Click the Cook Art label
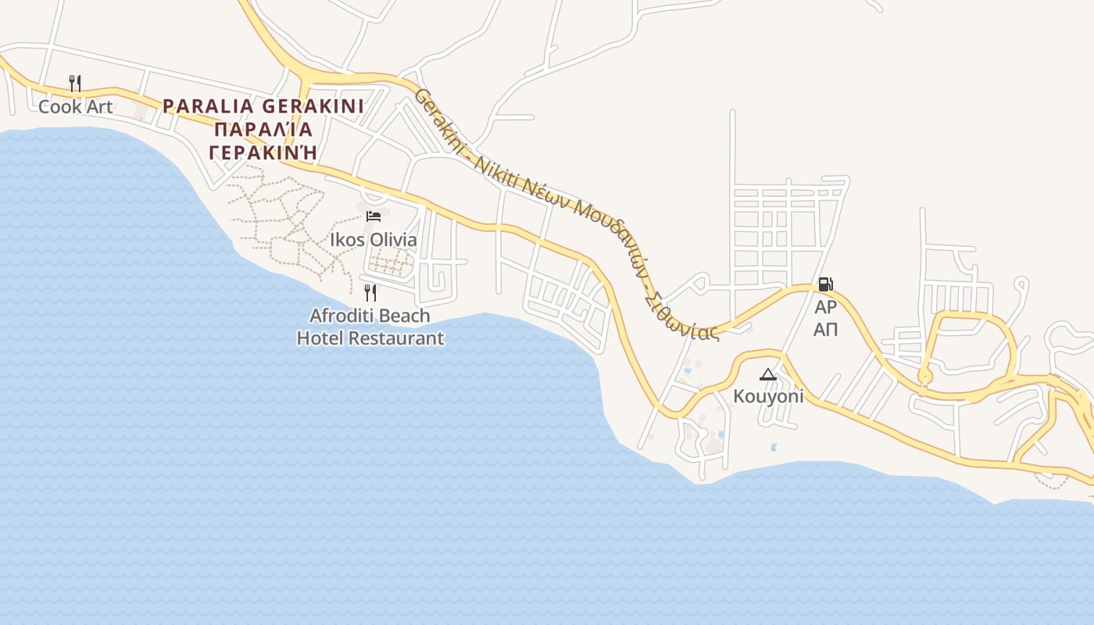pos(76,107)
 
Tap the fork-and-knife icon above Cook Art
pos(75,83)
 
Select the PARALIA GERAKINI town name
pos(263,105)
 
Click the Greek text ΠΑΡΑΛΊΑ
pos(263,129)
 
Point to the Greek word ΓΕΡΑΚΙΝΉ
pos(263,152)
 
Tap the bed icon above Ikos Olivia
pos(374,216)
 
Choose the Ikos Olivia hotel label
pos(374,240)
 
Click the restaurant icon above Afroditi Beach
pos(370,293)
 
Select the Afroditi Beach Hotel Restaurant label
pos(370,327)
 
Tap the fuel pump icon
pos(825,284)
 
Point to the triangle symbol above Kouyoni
pos(768,375)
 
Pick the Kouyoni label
pos(768,396)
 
